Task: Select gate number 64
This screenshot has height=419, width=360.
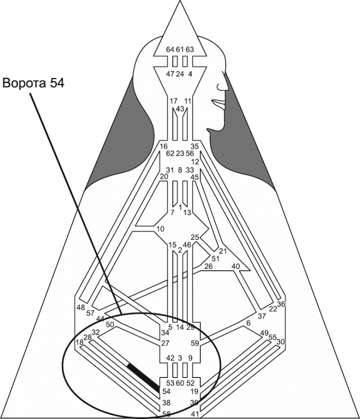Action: tap(170, 49)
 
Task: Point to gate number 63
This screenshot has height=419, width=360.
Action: tap(190, 49)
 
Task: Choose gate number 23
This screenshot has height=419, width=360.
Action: tap(180, 154)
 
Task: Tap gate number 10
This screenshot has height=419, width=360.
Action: tap(159, 228)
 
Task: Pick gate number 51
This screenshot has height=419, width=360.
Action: tap(216, 259)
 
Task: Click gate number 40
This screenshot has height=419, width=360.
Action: tap(236, 266)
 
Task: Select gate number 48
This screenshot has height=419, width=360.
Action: tap(81, 307)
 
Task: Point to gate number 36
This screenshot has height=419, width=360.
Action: tap(281, 304)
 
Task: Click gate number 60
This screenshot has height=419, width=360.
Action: tap(180, 383)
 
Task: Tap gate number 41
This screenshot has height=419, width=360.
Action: tap(195, 414)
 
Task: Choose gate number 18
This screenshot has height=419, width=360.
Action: tap(79, 342)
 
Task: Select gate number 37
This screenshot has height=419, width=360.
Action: tap(262, 316)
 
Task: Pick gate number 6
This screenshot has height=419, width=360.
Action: tap(248, 323)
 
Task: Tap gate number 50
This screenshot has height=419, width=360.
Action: tap(110, 325)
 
